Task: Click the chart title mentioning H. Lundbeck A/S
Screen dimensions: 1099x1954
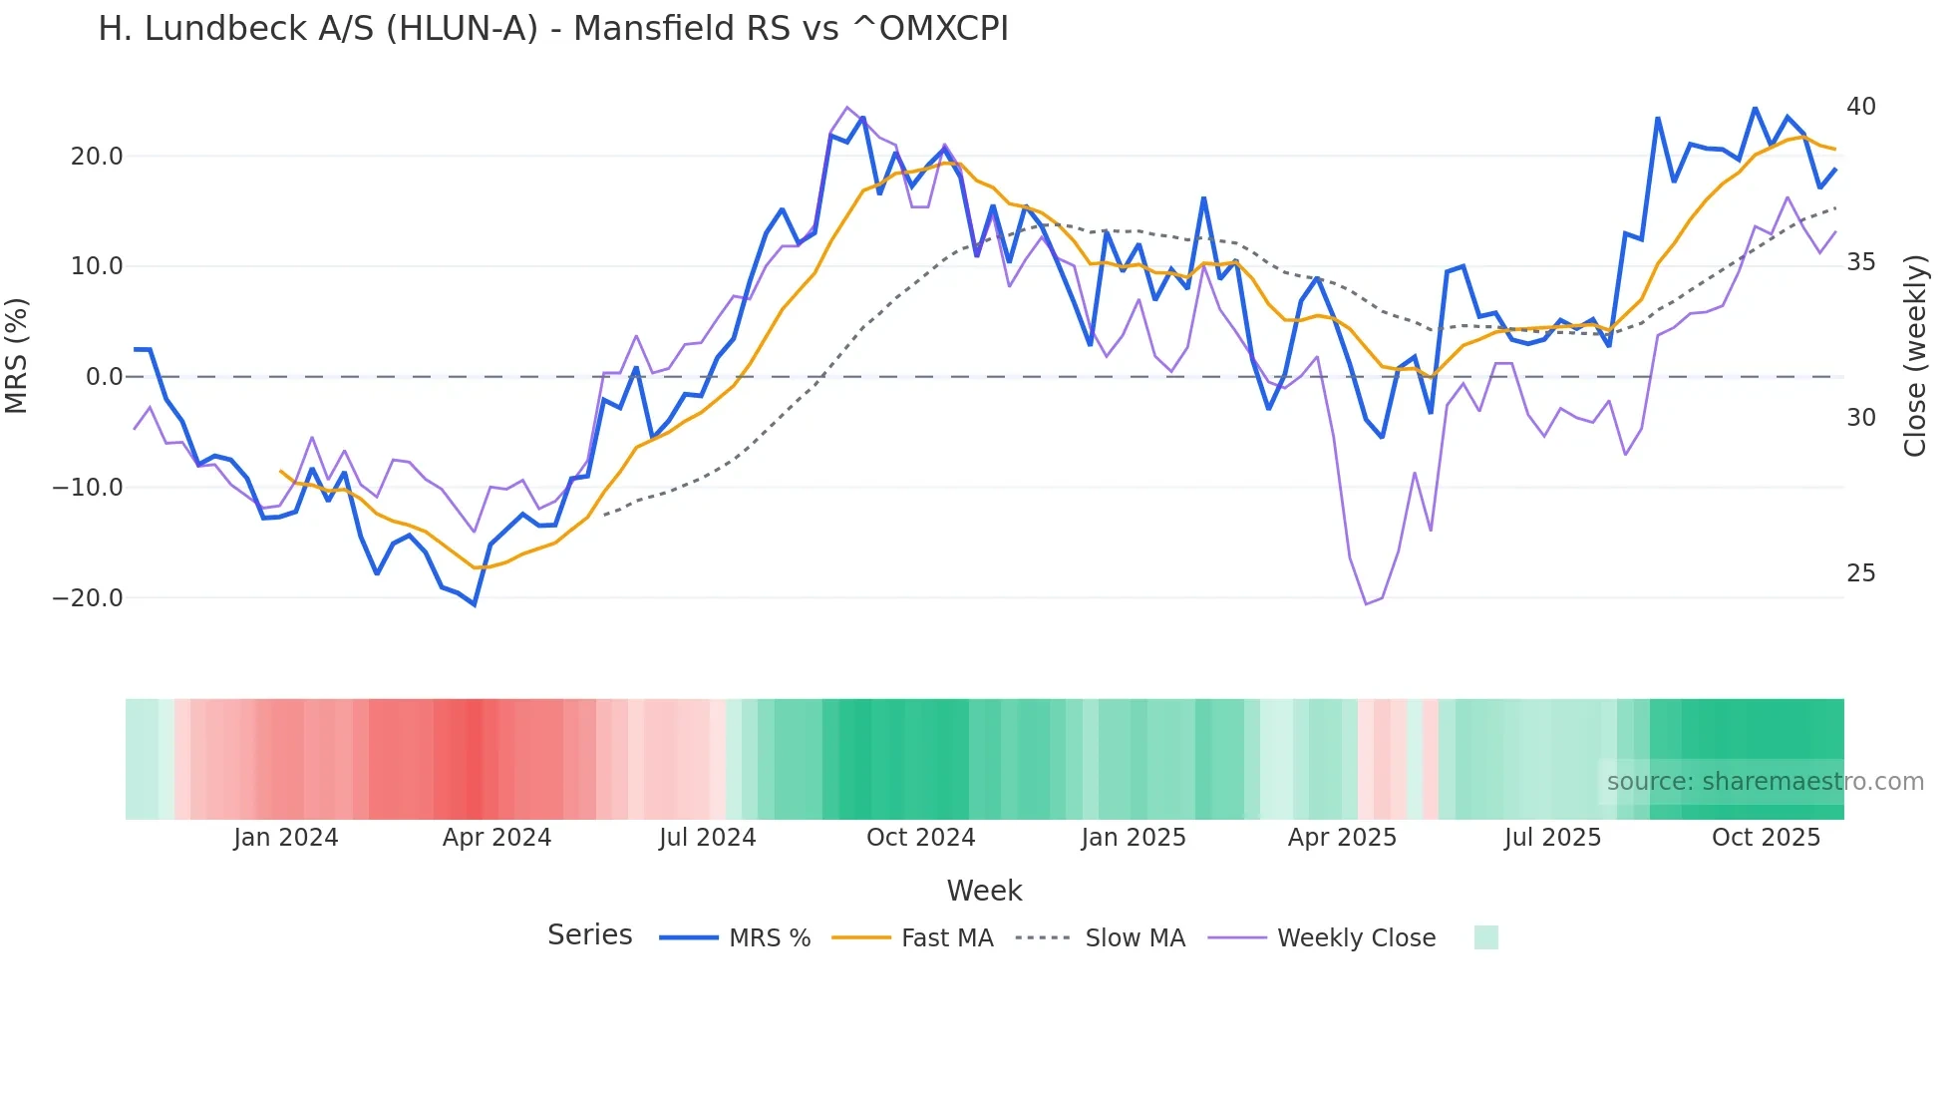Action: [553, 29]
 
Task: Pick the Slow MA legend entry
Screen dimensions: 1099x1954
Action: [1101, 938]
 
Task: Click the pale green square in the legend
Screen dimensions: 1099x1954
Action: [1485, 937]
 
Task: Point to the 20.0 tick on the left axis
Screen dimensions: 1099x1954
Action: [97, 157]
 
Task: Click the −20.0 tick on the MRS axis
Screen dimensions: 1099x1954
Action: [88, 598]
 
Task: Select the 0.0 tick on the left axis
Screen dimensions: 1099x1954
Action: [105, 377]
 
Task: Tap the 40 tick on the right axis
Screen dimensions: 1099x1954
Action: [1860, 107]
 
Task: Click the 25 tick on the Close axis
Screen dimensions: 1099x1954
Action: [1860, 573]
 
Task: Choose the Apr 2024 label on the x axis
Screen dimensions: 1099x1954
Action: [496, 838]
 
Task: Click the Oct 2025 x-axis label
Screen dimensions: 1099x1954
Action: [1766, 838]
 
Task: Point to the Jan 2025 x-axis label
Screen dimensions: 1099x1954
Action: [1134, 838]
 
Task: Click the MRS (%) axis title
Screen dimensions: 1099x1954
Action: [17, 355]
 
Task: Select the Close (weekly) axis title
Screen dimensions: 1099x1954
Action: [1915, 356]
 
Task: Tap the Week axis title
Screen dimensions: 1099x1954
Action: [984, 891]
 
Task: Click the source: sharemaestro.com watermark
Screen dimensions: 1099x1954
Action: [1765, 782]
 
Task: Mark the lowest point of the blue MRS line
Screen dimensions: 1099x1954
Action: [474, 604]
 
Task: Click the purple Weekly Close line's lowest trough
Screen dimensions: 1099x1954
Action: [1366, 603]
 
